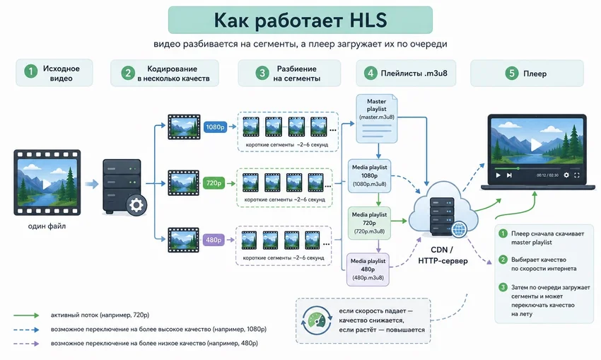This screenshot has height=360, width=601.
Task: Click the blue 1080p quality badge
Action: (215, 127)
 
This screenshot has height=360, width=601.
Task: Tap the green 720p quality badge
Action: (214, 183)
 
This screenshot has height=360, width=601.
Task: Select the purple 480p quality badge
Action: (214, 240)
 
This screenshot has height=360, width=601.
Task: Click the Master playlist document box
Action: (377, 119)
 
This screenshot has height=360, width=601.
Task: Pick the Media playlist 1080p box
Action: (370, 175)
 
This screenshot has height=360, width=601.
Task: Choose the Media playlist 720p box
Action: (369, 223)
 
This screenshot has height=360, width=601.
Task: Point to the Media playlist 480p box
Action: (368, 269)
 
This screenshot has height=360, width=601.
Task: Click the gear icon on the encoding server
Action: (136, 205)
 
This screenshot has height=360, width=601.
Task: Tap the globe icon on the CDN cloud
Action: (459, 229)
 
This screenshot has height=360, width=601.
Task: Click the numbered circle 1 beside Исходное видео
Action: (30, 71)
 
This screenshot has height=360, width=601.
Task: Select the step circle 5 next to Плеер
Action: (511, 73)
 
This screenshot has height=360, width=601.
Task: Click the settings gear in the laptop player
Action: (566, 175)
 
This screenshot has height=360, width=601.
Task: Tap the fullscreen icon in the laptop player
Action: (576, 175)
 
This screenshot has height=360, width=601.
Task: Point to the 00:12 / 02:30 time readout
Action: (547, 175)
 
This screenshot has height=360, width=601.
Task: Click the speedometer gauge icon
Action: (317, 320)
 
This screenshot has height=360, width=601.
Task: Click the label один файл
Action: (47, 226)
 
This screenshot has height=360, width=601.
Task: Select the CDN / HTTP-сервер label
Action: (443, 255)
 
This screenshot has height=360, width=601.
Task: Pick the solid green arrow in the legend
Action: (26, 315)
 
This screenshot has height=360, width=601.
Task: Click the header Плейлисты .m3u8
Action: (414, 74)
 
